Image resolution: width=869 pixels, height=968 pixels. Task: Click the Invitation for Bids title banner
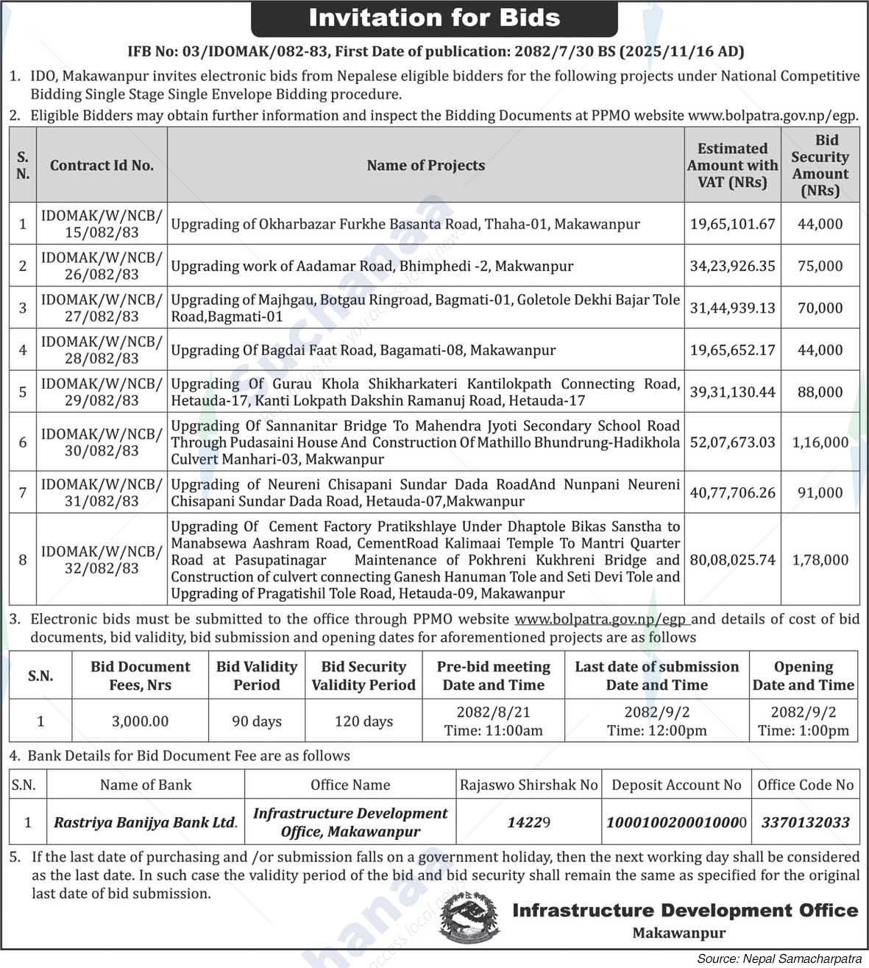click(x=434, y=18)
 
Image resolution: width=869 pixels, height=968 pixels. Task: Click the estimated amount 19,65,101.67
click(x=732, y=224)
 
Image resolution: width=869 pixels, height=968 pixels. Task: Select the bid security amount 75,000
click(x=820, y=266)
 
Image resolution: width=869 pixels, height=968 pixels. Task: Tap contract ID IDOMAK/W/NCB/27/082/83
click(x=102, y=308)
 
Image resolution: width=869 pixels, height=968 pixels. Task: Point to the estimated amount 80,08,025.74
click(x=732, y=559)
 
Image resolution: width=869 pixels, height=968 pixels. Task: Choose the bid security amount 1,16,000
click(x=820, y=442)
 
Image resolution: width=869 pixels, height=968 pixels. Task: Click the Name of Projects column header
click(x=425, y=166)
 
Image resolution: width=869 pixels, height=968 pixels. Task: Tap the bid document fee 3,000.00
click(x=140, y=721)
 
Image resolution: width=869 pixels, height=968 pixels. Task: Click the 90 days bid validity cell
click(x=256, y=721)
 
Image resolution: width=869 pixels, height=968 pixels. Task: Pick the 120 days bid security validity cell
click(x=363, y=721)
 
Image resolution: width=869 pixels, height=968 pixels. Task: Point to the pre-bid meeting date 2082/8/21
click(x=493, y=713)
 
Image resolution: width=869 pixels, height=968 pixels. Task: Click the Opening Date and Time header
click(x=803, y=676)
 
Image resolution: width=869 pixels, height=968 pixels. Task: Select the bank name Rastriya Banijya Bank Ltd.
click(x=145, y=823)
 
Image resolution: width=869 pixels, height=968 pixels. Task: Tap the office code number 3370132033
click(x=805, y=823)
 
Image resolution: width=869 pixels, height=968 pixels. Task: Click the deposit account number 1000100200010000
click(x=676, y=823)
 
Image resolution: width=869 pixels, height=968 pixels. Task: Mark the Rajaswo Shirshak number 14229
click(x=528, y=823)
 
